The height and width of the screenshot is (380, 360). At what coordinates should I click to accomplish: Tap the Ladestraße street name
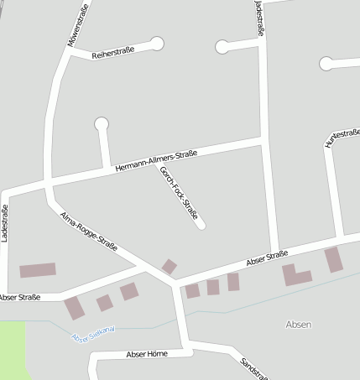pyautogui.click(x=5, y=223)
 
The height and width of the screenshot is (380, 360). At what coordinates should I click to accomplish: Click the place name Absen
pyautogui.click(x=298, y=324)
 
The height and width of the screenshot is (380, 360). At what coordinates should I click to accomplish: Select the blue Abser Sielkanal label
pyautogui.click(x=92, y=334)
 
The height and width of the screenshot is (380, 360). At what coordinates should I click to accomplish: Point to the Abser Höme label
pyautogui.click(x=146, y=354)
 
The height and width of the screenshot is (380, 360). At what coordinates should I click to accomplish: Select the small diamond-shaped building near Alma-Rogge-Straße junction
pyautogui.click(x=170, y=267)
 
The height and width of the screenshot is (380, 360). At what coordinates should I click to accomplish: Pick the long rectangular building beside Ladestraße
pyautogui.click(x=38, y=270)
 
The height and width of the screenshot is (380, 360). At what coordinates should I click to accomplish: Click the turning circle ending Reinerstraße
pyautogui.click(x=157, y=44)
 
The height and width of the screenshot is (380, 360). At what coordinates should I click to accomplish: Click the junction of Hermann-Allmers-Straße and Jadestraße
pyautogui.click(x=265, y=138)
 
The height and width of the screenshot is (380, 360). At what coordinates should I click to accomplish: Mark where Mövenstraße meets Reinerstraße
pyautogui.click(x=67, y=51)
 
